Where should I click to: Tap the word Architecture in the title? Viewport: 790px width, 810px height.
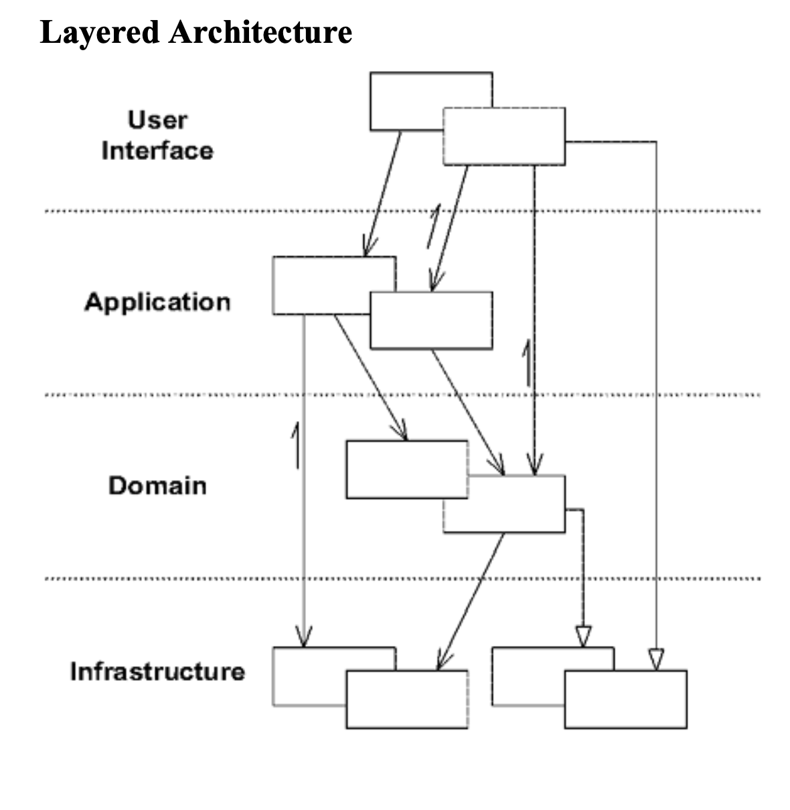tap(260, 32)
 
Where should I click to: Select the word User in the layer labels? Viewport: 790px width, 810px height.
tap(157, 120)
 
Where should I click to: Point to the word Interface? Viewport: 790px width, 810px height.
tap(157, 151)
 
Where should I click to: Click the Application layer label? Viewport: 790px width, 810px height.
tap(157, 302)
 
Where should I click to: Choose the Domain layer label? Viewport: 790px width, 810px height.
tap(157, 485)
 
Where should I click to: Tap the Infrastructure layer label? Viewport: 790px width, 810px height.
tap(157, 671)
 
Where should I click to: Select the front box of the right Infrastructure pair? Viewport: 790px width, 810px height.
tap(625, 699)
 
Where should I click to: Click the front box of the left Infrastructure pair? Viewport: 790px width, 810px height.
tap(406, 699)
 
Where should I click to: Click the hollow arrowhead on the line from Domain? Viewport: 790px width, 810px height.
tap(583, 635)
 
